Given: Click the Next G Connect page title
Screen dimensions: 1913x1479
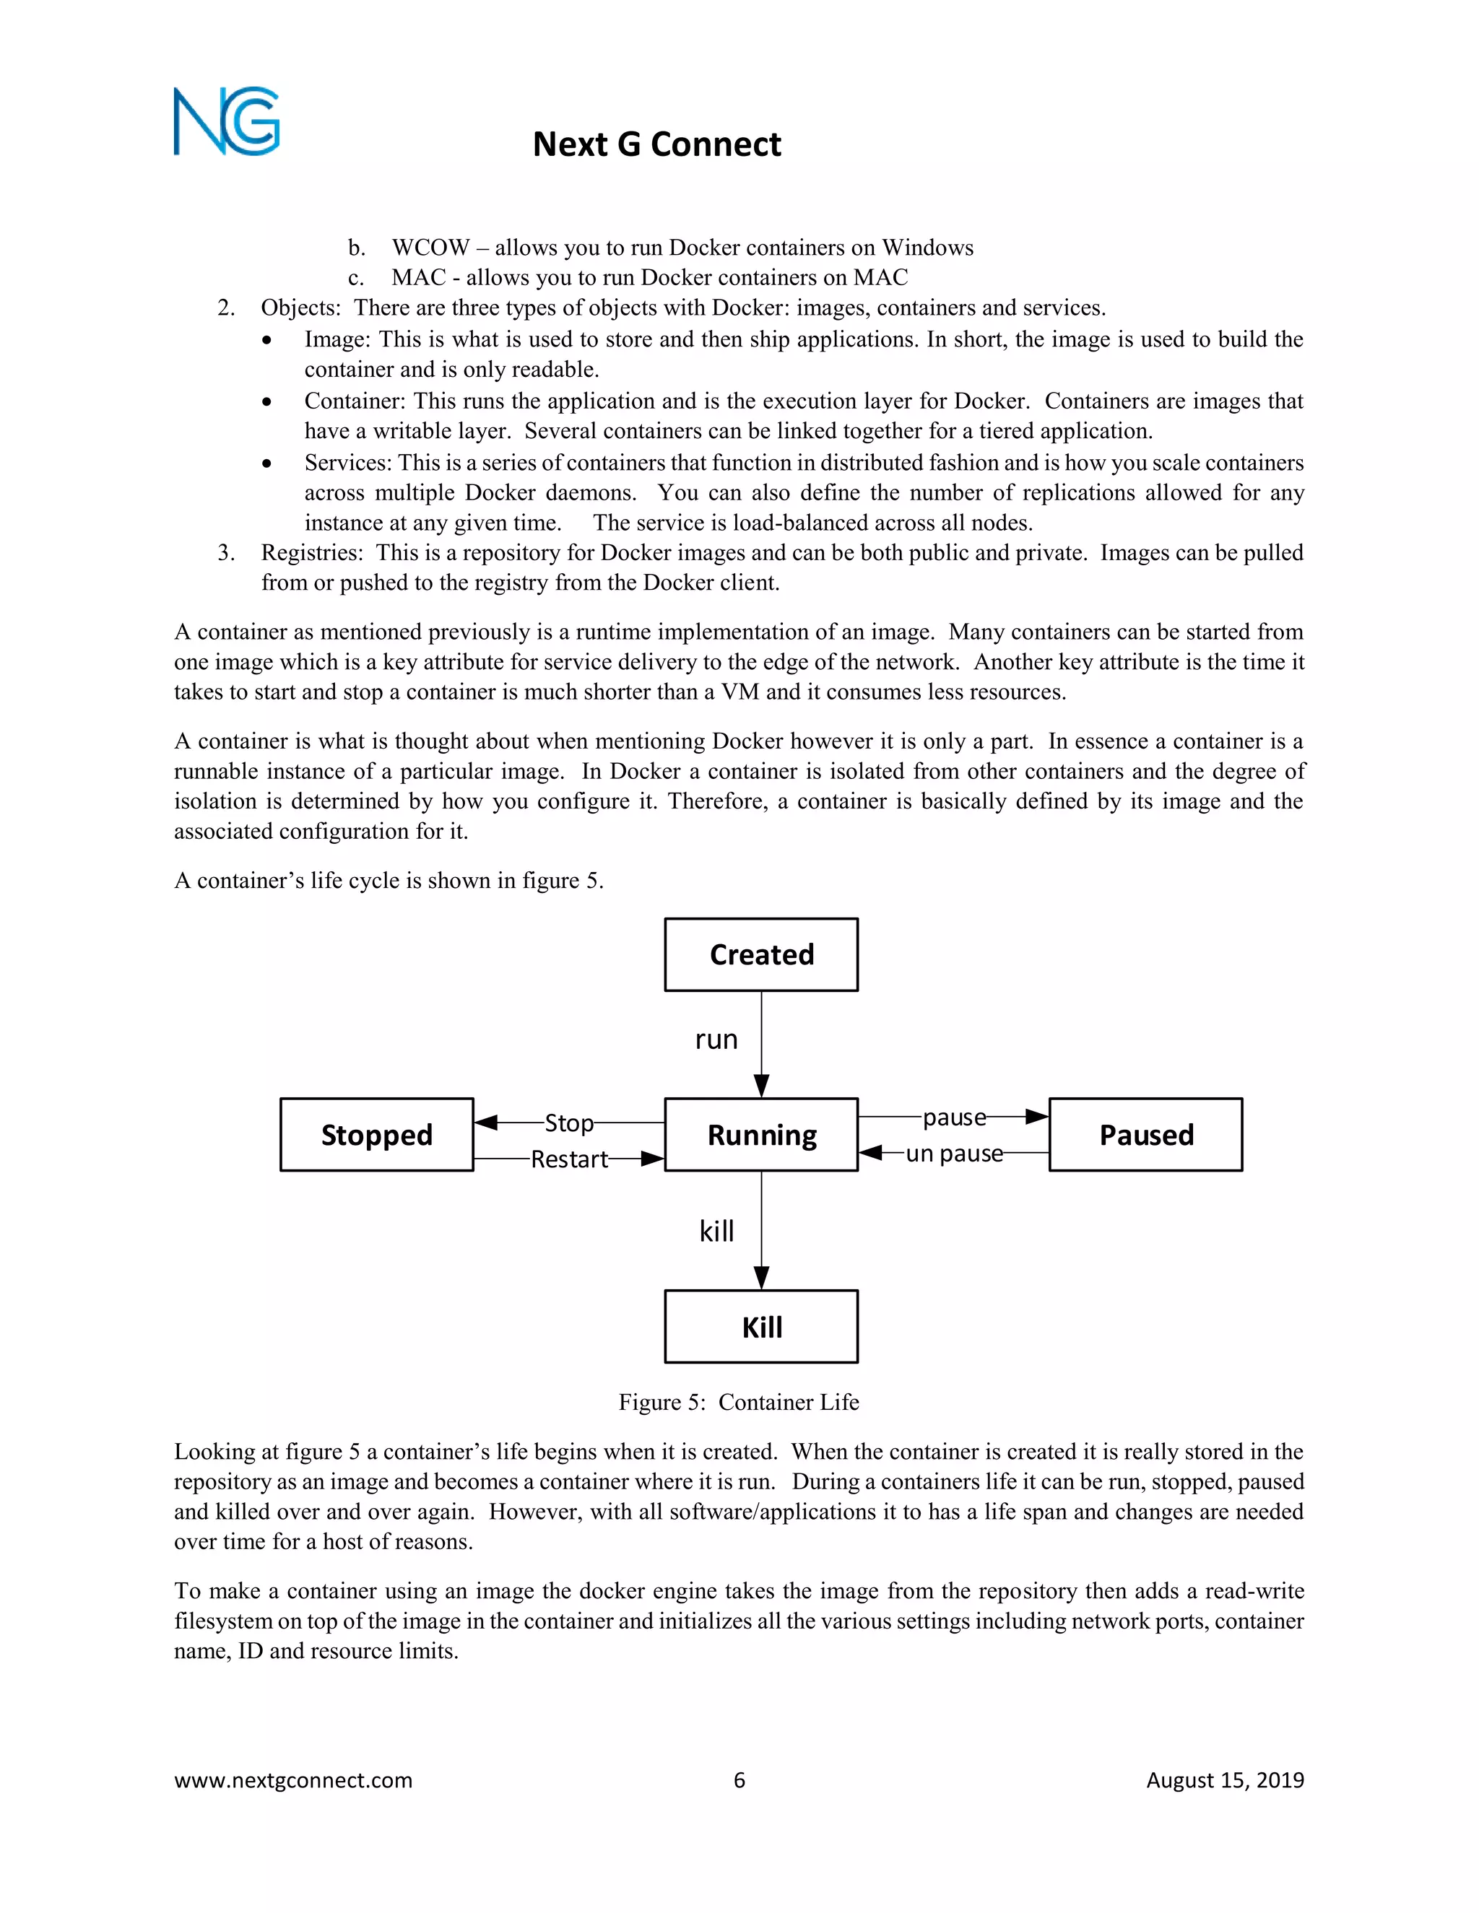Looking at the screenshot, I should pyautogui.click(x=656, y=144).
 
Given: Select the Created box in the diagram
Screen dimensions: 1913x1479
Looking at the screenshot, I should pyautogui.click(x=760, y=955).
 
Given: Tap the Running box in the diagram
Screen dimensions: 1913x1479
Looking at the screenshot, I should pyautogui.click(x=760, y=1134).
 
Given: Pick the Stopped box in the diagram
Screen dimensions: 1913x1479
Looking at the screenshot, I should pyautogui.click(x=377, y=1134).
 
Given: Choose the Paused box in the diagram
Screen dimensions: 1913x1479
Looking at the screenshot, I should pyautogui.click(x=1145, y=1134).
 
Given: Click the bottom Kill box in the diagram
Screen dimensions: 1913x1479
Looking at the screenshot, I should pyautogui.click(x=760, y=1326).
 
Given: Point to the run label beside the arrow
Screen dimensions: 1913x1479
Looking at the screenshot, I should pyautogui.click(x=716, y=1040).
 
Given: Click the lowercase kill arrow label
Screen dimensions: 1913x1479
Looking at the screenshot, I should pyautogui.click(x=716, y=1232).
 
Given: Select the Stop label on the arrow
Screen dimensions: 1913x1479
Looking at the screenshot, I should pyautogui.click(x=568, y=1123).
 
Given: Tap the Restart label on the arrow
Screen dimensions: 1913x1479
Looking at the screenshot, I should pyautogui.click(x=568, y=1159).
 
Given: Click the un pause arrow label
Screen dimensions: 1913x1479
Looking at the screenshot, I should pyautogui.click(x=953, y=1154).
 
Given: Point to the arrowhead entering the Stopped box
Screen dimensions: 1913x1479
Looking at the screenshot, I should pyautogui.click(x=485, y=1122).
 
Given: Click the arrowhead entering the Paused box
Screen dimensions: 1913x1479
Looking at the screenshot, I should pyautogui.click(x=1038, y=1117).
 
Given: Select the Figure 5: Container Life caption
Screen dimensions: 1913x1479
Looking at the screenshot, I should pyautogui.click(x=739, y=1403).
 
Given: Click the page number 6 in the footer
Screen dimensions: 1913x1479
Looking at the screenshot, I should pyautogui.click(x=739, y=1780).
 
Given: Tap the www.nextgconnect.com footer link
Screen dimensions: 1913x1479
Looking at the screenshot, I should pyautogui.click(x=292, y=1780).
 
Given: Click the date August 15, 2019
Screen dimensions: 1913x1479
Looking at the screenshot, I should pyautogui.click(x=1224, y=1780).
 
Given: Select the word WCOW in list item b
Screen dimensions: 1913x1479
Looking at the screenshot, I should pyautogui.click(x=430, y=248).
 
